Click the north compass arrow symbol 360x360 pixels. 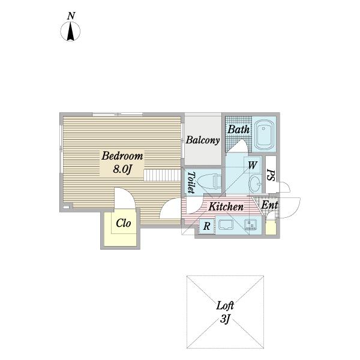click(70, 31)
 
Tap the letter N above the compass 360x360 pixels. click(71, 16)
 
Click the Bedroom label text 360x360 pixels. click(122, 155)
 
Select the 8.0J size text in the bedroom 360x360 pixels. click(122, 169)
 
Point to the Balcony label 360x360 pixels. click(203, 140)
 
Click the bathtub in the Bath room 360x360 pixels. click(264, 135)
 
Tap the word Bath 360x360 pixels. click(238, 129)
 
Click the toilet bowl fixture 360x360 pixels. click(209, 182)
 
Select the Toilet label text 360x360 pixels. click(191, 182)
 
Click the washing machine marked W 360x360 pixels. click(252, 165)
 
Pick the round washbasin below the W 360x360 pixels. click(255, 184)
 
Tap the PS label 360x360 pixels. click(271, 175)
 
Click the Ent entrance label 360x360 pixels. click(269, 205)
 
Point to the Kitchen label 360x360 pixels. click(226, 206)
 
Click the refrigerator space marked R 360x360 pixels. click(206, 226)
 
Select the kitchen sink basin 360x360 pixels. click(226, 224)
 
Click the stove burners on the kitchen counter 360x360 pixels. click(250, 225)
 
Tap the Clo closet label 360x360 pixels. click(123, 223)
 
